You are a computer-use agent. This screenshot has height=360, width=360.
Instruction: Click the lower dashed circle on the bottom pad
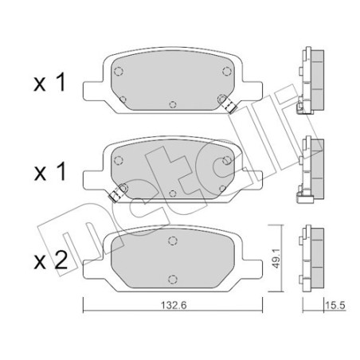[x=173, y=276]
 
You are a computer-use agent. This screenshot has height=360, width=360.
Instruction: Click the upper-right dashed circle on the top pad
[x=227, y=72]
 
